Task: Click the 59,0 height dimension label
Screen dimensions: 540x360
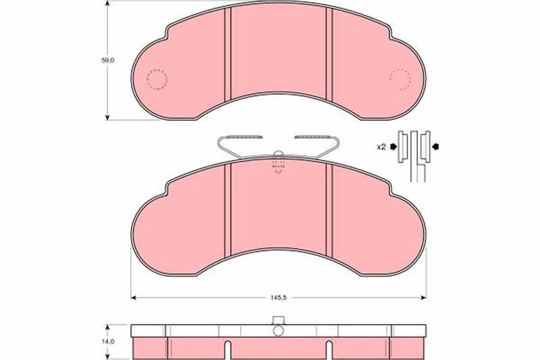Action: pyautogui.click(x=107, y=60)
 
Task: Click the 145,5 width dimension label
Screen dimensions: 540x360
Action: pyautogui.click(x=279, y=298)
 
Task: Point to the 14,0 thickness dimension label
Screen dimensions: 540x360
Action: pyautogui.click(x=108, y=341)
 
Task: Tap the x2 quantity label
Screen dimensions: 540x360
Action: pyautogui.click(x=381, y=147)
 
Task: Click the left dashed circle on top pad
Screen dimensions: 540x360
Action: pyautogui.click(x=157, y=79)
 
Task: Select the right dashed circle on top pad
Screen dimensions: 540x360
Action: pyautogui.click(x=400, y=79)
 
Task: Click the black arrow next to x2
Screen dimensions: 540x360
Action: pyautogui.click(x=394, y=147)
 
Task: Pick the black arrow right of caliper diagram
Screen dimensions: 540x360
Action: pyautogui.click(x=435, y=147)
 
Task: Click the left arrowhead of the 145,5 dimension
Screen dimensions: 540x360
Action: pyautogui.click(x=134, y=298)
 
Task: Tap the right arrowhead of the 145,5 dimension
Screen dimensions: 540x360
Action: pyautogui.click(x=423, y=298)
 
